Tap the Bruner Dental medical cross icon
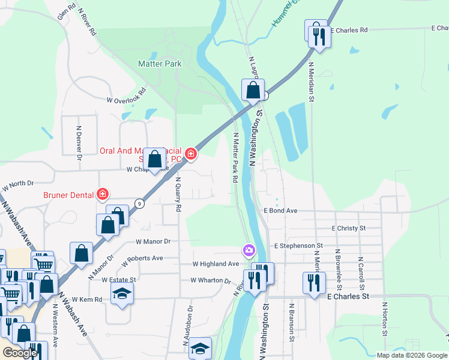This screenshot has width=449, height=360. tap(103, 194)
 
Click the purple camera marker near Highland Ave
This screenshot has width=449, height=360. tap(248, 250)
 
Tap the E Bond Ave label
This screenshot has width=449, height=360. tap(281, 211)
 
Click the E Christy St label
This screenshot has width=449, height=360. tap(348, 229)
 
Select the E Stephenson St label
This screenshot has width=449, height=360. tap(298, 246)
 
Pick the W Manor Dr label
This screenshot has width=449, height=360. tap(153, 241)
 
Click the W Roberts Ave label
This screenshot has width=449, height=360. tap(142, 261)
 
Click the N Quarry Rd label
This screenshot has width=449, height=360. tap(178, 194)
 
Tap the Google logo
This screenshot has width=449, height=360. tap(20, 352)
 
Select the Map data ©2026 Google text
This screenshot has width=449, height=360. tap(411, 355)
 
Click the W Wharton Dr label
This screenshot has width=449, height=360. tap(211, 280)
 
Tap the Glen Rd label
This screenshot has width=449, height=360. tap(67, 11)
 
